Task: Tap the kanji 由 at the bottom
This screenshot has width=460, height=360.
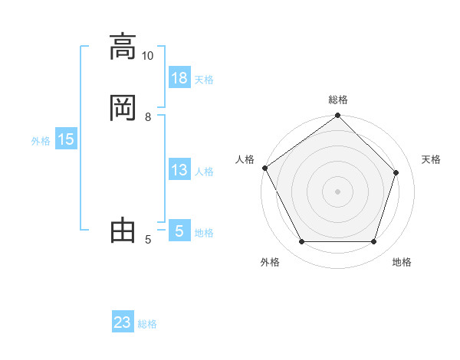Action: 123,231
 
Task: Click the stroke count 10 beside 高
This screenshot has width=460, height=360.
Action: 148,56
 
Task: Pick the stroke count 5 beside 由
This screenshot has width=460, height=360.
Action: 148,241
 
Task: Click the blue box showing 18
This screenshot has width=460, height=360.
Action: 179,78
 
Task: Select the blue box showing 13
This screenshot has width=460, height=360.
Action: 179,170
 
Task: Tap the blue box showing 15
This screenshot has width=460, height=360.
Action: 66,139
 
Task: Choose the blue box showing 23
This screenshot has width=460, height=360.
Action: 123,322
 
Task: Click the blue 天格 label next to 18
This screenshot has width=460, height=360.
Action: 204,80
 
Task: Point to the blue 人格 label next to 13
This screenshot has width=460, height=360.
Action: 204,172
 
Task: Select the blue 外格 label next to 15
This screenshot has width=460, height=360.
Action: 41,141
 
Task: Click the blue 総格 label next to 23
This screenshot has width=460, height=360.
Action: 147,324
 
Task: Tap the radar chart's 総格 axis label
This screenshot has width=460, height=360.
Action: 338,100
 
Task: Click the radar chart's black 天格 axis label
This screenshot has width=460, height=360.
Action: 431,159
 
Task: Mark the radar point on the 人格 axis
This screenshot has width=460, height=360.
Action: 264,168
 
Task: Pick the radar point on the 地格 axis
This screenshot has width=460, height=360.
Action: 374,242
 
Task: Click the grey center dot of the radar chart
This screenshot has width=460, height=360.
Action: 338,191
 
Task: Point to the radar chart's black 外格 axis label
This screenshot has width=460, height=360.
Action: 270,262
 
